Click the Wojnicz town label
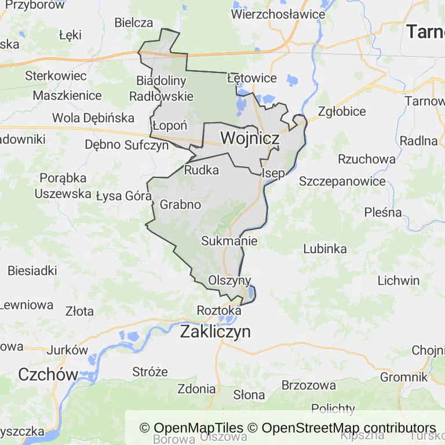250,138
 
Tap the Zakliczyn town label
216,332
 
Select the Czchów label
48,374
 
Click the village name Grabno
180,205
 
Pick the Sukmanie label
229,240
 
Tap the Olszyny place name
230,280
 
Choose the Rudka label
202,170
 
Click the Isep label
273,173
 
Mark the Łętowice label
252,78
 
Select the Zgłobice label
342,111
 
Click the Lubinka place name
325,249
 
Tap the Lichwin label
398,280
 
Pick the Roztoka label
218,310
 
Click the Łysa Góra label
123,196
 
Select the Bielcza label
134,23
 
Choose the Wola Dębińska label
93,118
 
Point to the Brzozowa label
308,385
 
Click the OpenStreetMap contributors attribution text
349,428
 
